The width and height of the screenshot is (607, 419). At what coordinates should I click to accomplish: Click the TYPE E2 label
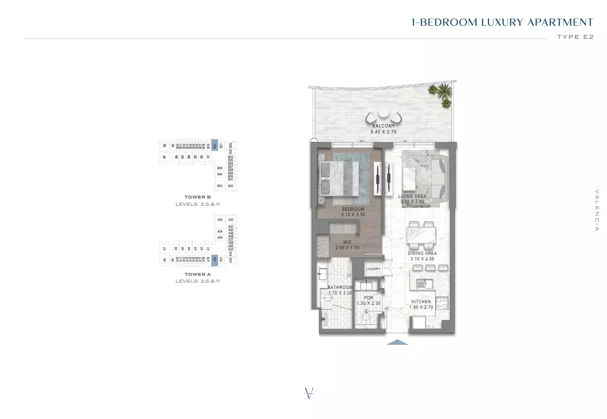coord(575,37)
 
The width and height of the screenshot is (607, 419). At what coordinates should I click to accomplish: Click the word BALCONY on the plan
coord(383,126)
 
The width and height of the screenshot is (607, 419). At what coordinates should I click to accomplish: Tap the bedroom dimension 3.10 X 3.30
coord(353,215)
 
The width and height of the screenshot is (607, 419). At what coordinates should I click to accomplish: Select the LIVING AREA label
coord(412,196)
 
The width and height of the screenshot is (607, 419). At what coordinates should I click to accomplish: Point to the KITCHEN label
coord(421,302)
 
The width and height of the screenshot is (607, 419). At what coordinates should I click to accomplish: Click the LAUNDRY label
coord(373,269)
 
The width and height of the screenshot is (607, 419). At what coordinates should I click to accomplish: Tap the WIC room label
coord(347,242)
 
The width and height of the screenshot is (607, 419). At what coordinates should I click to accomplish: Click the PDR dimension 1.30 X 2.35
coord(369,303)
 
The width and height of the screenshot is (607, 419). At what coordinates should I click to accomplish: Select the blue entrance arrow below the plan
coord(397,343)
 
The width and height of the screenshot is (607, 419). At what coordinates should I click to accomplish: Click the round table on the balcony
coord(383,113)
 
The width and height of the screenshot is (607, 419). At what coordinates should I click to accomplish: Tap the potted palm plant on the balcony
coord(442,94)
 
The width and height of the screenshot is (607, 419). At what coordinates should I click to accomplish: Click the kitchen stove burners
coord(442,303)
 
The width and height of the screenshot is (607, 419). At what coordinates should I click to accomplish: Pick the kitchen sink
coord(422,284)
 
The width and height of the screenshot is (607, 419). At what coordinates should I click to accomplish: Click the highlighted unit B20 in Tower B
coord(214,146)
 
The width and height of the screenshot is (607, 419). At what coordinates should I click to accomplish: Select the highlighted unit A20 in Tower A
coord(214,259)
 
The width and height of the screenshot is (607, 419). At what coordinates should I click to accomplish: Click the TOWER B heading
coord(198,197)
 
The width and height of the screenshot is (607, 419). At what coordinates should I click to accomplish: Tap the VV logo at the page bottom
coord(309,393)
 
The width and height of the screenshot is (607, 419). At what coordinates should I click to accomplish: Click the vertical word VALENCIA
coord(597,210)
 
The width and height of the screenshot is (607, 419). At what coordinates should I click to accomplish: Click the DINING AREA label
coord(422,253)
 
